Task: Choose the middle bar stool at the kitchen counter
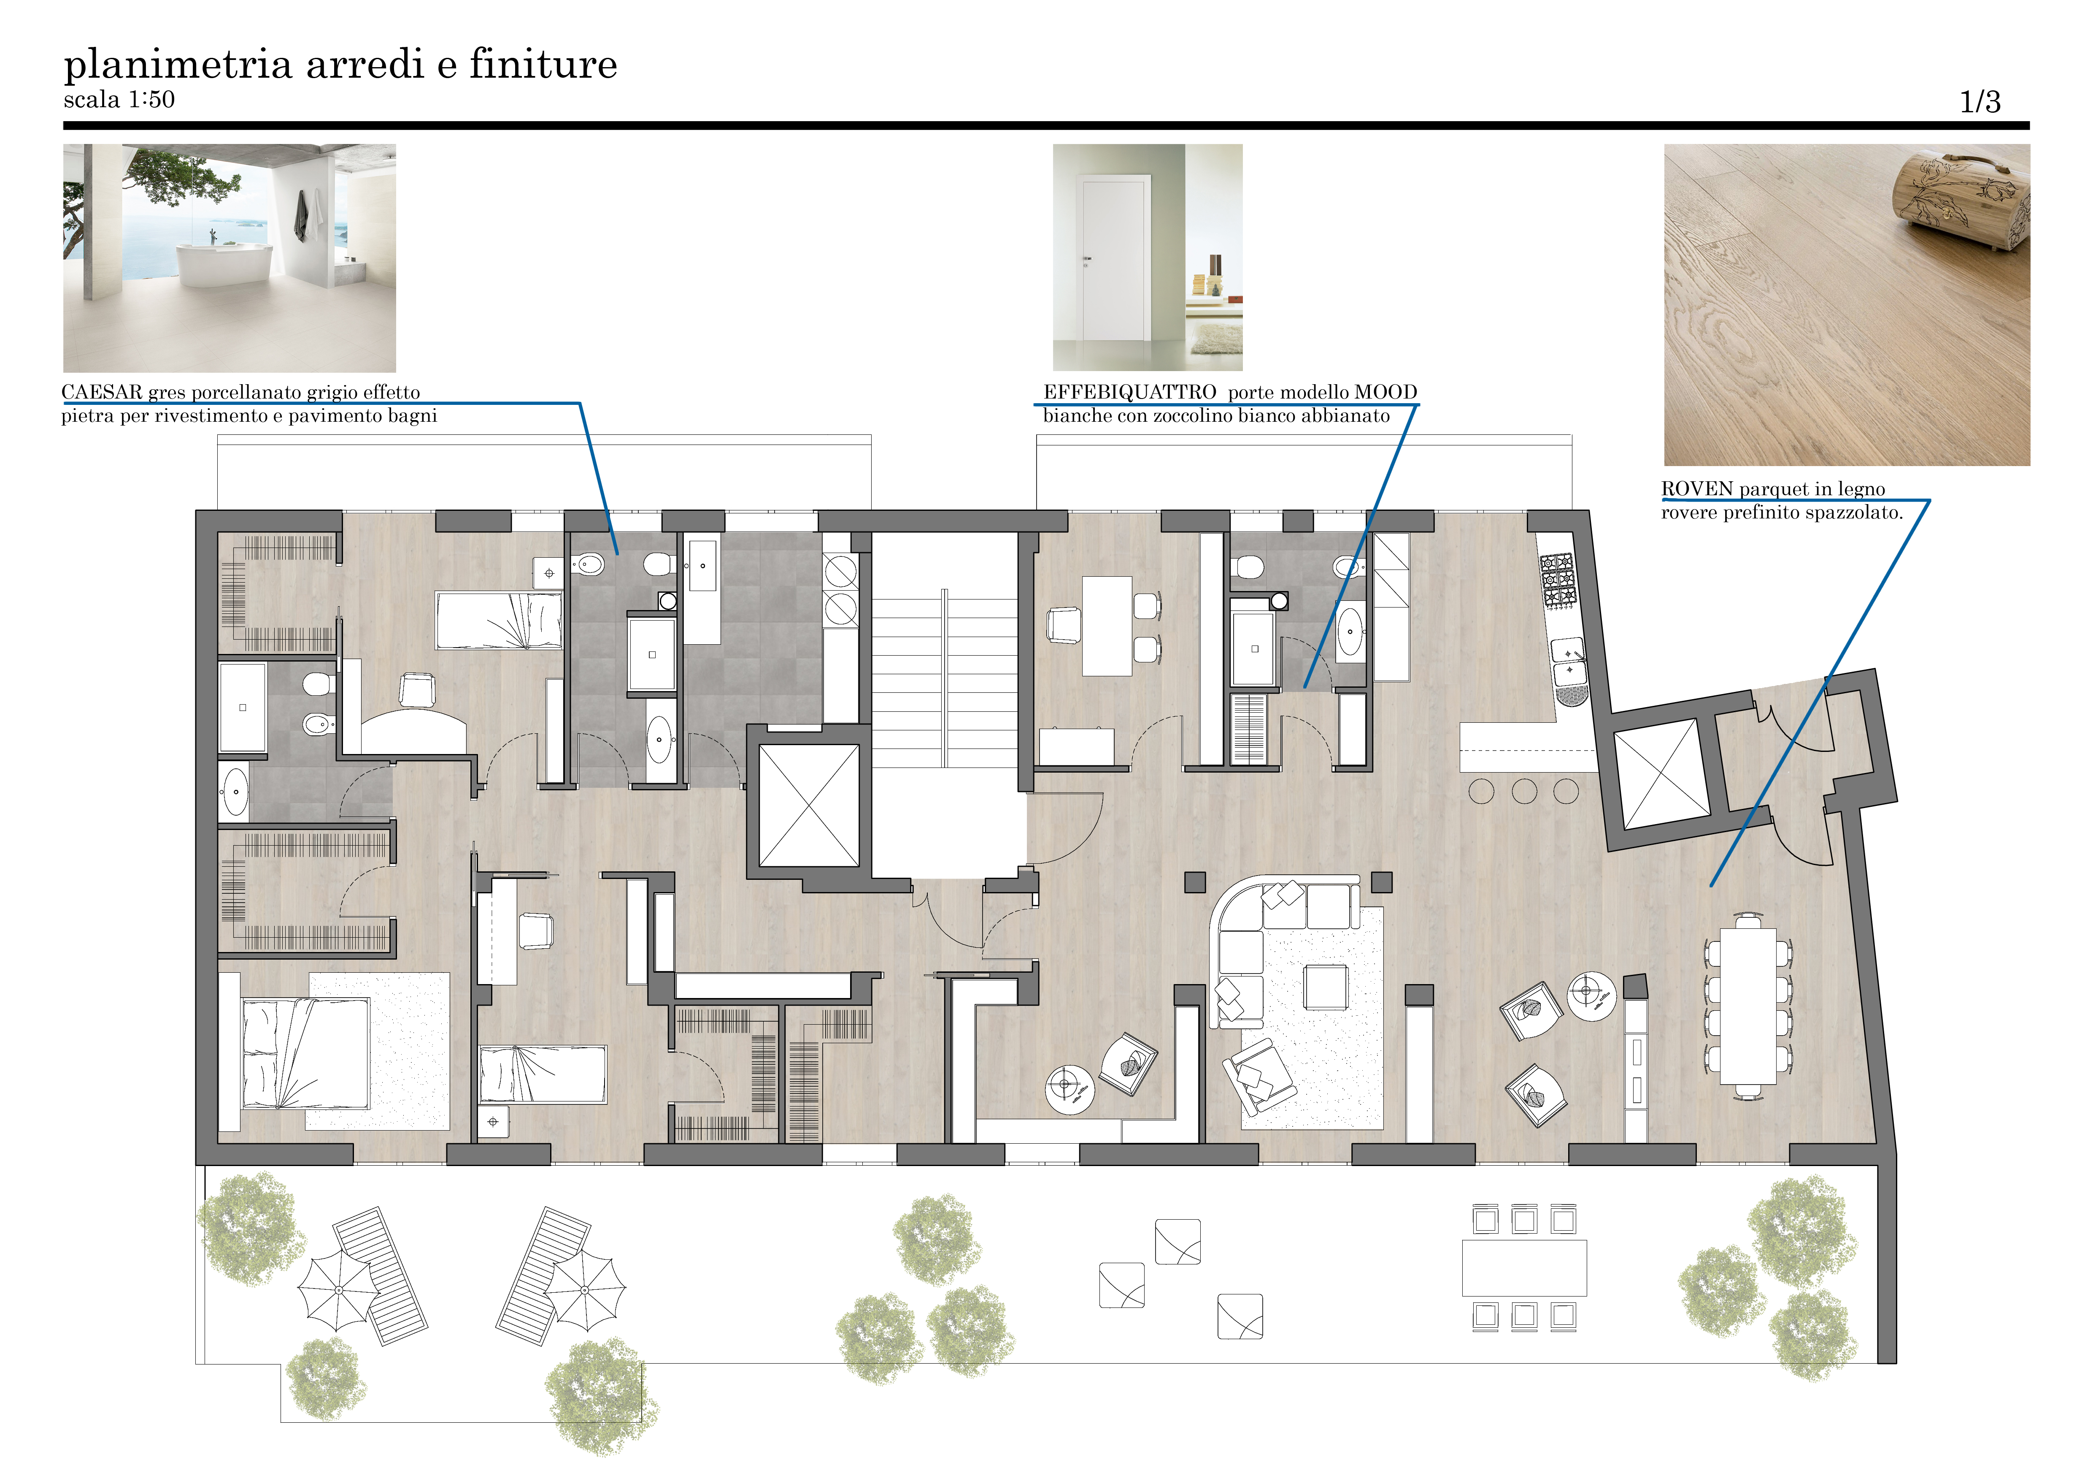pos(1524,791)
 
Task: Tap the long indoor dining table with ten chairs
pos(1748,1006)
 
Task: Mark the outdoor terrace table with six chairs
pos(1524,1268)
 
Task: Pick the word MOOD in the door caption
pos(1385,392)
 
